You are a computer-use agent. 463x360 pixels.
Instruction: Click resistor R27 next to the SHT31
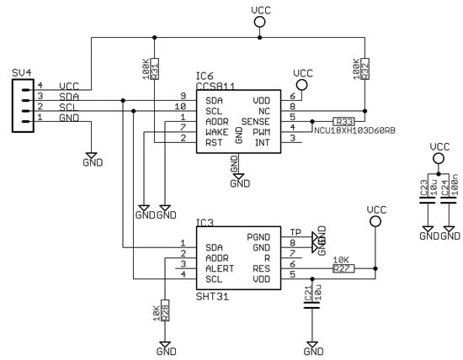tap(342, 268)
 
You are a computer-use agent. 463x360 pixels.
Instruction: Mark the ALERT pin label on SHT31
tap(221, 267)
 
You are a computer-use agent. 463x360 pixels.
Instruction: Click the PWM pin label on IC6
tap(261, 131)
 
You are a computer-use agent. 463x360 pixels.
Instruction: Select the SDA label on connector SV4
tap(70, 98)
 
